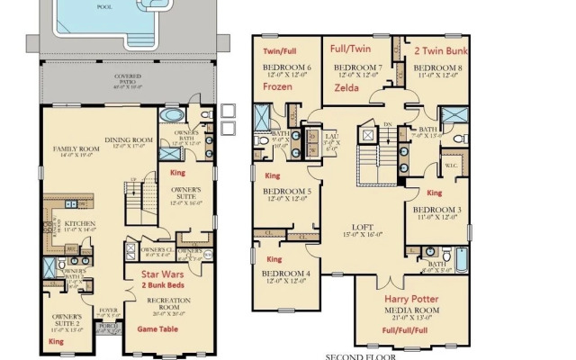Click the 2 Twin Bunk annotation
[x=440, y=52]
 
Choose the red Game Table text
[x=159, y=329]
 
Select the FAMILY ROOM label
[x=78, y=148]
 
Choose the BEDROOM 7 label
[x=359, y=67]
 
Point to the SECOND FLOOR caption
[x=359, y=355]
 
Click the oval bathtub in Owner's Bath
[x=168, y=119]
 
